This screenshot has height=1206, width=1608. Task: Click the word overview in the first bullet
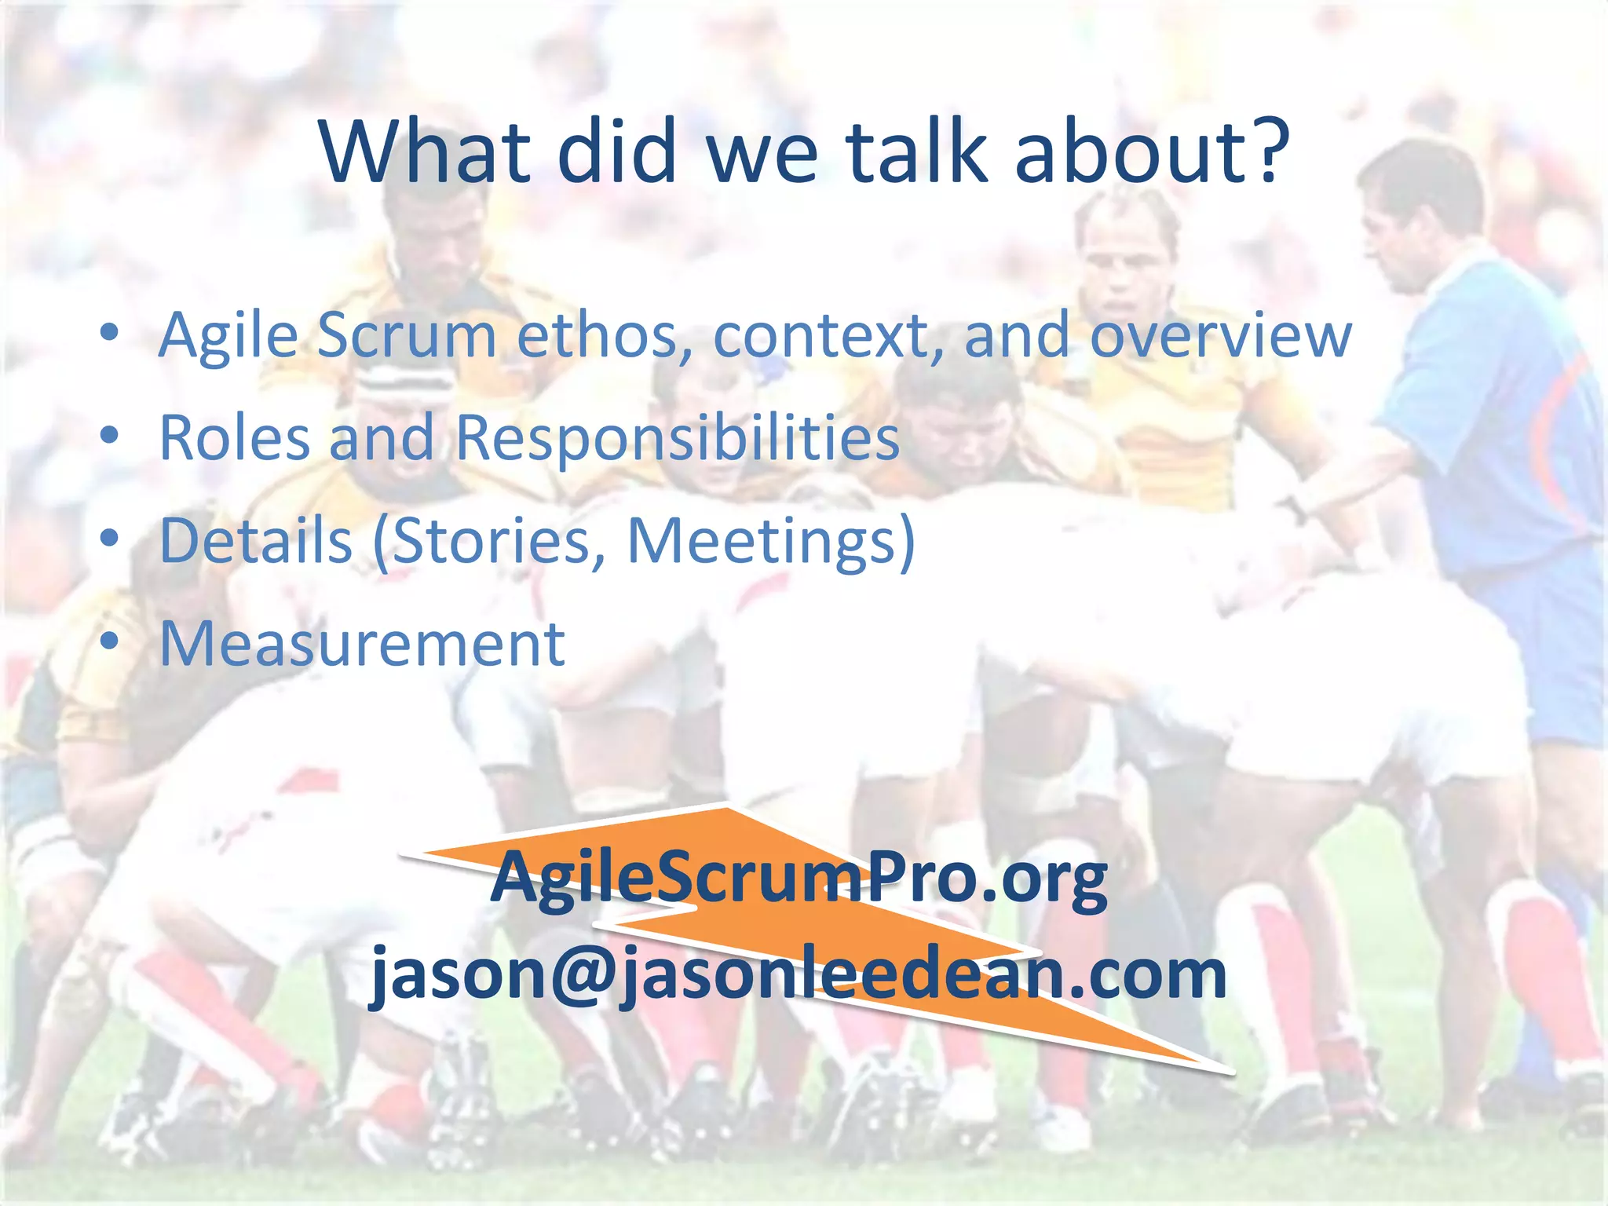[1220, 336]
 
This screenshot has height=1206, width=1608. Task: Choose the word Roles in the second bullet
[234, 437]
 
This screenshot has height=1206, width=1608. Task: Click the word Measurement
[362, 644]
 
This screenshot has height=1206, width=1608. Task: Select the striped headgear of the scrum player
[404, 385]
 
